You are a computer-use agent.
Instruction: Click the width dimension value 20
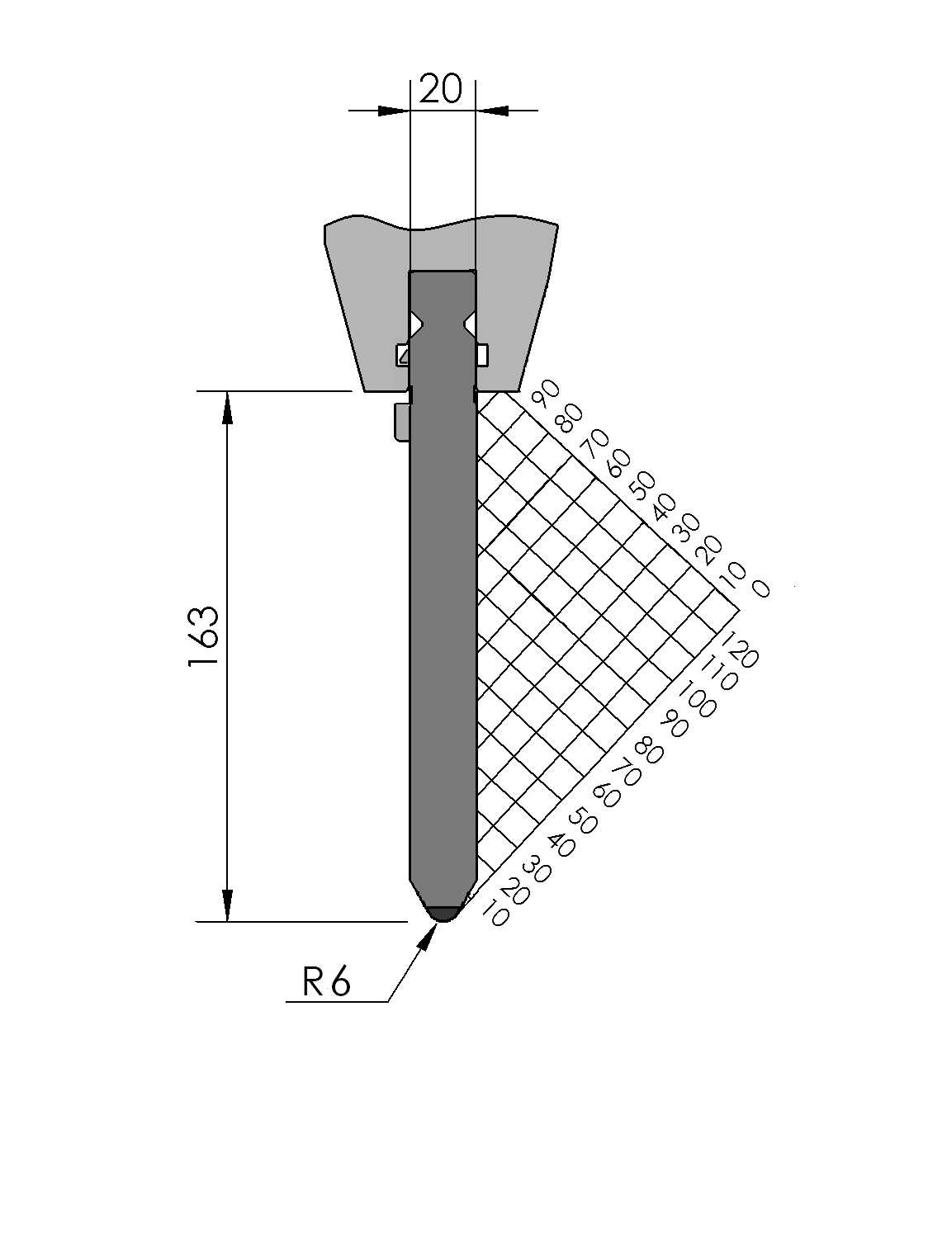[441, 89]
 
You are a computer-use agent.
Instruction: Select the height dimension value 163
[203, 636]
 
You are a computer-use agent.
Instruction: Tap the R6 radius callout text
[326, 981]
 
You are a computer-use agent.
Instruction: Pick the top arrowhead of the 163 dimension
[227, 407]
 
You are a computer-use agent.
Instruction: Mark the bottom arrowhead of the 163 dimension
[227, 905]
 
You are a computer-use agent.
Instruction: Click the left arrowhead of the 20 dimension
[393, 111]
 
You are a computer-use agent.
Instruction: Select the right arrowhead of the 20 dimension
[492, 111]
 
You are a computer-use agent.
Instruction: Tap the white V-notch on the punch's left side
[416, 324]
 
